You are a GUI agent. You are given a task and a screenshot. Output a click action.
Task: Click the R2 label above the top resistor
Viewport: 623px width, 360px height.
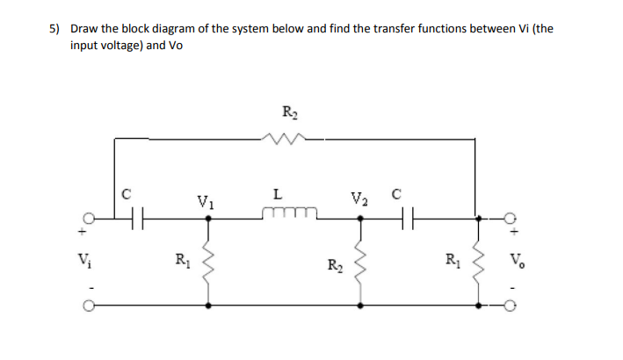[x=290, y=112]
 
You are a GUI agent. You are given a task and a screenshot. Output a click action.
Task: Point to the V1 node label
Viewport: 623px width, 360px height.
[x=203, y=199]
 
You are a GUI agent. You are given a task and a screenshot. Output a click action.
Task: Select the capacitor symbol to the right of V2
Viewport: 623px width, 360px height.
[x=405, y=218]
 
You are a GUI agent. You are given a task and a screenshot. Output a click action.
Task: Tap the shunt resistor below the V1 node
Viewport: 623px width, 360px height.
[x=208, y=260]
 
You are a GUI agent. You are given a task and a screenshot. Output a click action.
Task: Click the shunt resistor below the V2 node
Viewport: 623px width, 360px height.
[x=360, y=262]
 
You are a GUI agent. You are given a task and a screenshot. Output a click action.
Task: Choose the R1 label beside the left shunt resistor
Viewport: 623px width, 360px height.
[x=182, y=260]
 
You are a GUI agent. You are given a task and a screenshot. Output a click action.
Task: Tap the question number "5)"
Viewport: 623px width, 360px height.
[x=54, y=28]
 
